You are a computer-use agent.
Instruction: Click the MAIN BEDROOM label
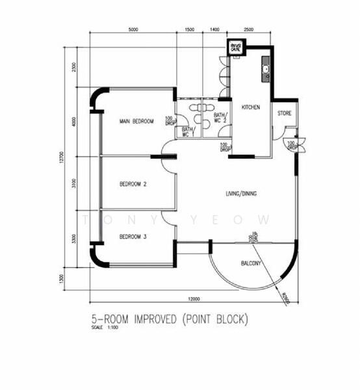(136, 122)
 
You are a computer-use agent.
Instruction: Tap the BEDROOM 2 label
(133, 185)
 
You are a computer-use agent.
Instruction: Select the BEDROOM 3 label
(133, 237)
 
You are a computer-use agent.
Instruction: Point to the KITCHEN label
(251, 107)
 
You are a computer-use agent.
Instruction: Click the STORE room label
(285, 114)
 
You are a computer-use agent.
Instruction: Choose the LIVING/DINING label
(241, 194)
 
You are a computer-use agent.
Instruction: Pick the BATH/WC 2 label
(220, 118)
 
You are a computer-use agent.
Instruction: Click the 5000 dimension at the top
(133, 31)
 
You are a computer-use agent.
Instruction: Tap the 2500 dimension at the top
(248, 31)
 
